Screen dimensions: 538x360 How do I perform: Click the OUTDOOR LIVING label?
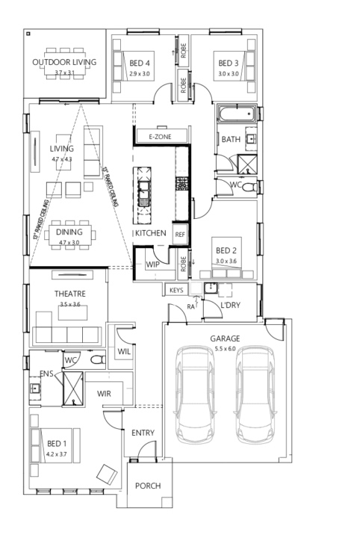tap(63, 62)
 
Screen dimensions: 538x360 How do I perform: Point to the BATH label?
tap(230, 139)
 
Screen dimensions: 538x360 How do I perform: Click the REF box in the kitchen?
tap(179, 234)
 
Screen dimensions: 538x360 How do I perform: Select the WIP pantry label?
tap(152, 265)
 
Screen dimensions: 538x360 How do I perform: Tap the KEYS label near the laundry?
tap(176, 289)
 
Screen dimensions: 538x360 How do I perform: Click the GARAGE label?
tap(223, 338)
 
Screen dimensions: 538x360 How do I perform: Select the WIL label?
tap(124, 351)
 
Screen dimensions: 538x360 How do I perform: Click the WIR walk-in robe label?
tap(104, 392)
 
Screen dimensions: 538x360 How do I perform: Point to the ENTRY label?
tap(143, 433)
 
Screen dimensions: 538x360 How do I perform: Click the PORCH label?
tap(147, 486)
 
